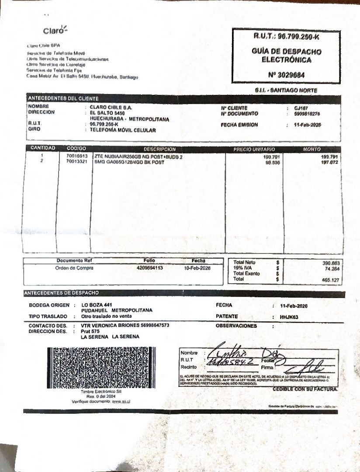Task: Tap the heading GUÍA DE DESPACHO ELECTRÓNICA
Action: (x=287, y=56)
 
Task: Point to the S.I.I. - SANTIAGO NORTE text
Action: (x=286, y=90)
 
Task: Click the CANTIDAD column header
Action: (x=43, y=149)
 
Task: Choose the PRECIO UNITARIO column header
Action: (x=254, y=149)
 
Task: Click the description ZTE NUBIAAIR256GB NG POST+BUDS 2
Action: (x=138, y=156)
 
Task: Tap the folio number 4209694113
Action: (x=149, y=268)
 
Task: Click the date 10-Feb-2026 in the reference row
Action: (x=197, y=268)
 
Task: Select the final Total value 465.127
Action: (x=331, y=279)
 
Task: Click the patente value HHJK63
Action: (x=289, y=317)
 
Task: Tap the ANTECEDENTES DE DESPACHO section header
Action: (x=61, y=292)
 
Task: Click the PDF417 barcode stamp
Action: (x=101, y=367)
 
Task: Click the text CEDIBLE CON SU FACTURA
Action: (x=305, y=389)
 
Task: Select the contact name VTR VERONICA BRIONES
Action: (x=109, y=326)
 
